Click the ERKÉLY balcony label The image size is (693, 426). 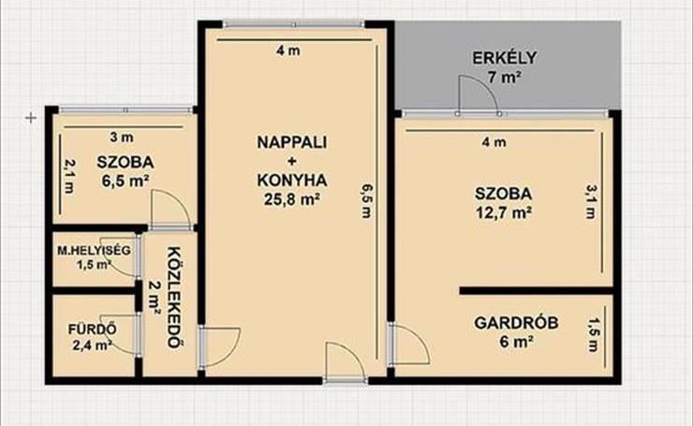click(x=504, y=58)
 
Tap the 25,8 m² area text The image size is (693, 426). click(x=291, y=199)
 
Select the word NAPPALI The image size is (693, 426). click(x=291, y=142)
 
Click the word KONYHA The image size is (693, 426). click(x=291, y=181)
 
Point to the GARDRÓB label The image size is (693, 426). click(x=516, y=323)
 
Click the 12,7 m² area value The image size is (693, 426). click(x=504, y=213)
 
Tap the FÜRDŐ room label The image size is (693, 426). click(x=93, y=330)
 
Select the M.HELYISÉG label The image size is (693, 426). click(x=95, y=251)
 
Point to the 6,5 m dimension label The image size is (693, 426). click(x=367, y=200)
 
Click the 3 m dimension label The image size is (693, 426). click(x=122, y=138)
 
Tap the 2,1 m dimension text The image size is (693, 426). click(x=69, y=176)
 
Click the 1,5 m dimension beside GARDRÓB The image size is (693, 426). click(x=593, y=335)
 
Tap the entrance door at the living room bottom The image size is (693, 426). click(x=346, y=360)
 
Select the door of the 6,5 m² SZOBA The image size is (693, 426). click(x=171, y=210)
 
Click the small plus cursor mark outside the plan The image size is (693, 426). click(x=31, y=118)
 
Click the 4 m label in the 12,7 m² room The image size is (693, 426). click(x=494, y=142)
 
